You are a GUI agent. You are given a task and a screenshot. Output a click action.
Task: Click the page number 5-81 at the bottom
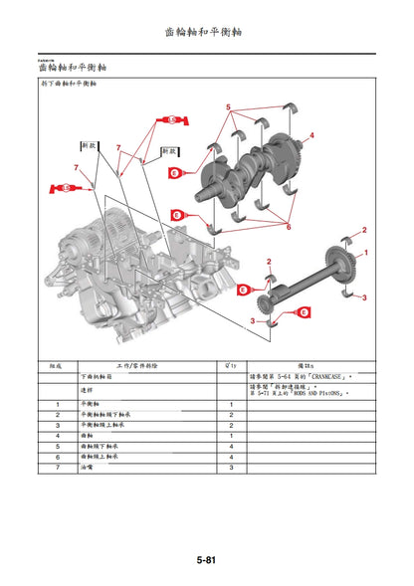(206, 560)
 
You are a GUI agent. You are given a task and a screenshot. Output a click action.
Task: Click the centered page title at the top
(206, 32)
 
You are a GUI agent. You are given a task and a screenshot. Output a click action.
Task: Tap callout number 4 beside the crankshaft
(311, 135)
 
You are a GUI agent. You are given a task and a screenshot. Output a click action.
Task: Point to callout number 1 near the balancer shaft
(365, 254)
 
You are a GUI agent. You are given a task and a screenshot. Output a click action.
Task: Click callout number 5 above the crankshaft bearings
(228, 105)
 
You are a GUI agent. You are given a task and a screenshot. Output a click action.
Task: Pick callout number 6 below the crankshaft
(289, 227)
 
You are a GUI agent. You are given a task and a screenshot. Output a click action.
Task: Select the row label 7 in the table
(57, 466)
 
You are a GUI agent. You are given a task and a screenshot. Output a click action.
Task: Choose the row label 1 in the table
(57, 402)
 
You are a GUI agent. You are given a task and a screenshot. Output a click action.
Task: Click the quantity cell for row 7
(231, 466)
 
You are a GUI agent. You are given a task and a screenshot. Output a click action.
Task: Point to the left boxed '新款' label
(89, 145)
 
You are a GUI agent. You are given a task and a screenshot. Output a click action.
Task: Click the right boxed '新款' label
(167, 153)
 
